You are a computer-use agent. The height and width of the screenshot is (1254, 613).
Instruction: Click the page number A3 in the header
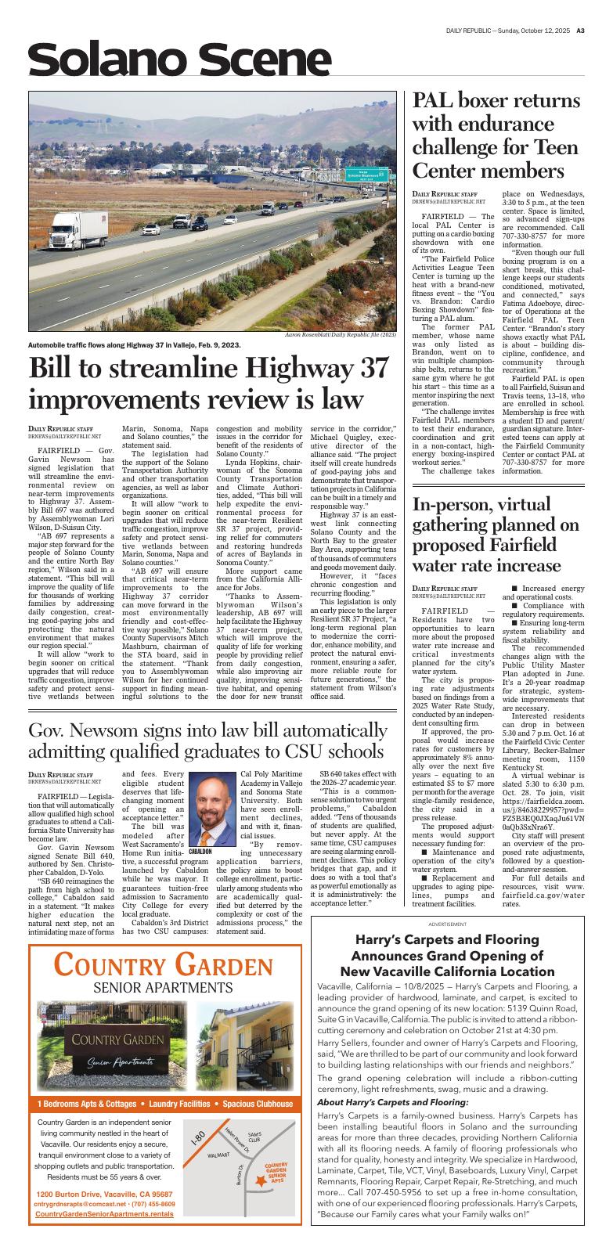[581, 31]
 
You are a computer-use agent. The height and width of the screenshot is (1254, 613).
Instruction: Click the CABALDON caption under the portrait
[201, 851]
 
